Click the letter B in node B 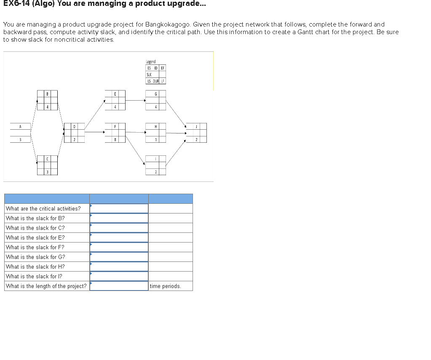[47, 94]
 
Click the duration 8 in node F [115, 139]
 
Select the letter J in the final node [196, 126]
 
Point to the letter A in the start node [20, 126]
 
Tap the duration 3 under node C [47, 172]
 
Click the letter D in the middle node [74, 126]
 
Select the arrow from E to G [135, 100]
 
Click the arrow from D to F [95, 132]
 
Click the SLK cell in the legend [149, 75]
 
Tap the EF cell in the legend [163, 68]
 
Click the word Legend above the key [150, 62]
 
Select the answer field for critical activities [119, 208]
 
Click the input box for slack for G [119, 257]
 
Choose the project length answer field [119, 286]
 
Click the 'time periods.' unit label [165, 286]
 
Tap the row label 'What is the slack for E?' [35, 237]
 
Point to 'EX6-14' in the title [16, 4]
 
